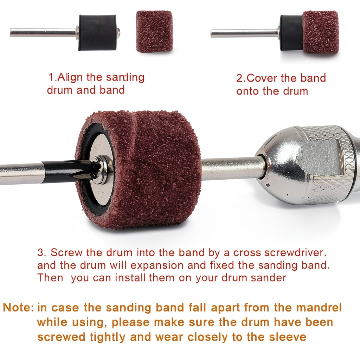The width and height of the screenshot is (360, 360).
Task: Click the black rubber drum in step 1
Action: pos(98,32)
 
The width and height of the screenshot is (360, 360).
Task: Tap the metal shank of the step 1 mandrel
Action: pos(43,32)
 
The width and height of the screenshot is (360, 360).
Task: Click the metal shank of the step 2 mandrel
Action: pos(245,33)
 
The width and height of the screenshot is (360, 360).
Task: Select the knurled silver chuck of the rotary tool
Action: pos(308,165)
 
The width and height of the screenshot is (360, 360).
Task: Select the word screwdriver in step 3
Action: pos(295,253)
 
